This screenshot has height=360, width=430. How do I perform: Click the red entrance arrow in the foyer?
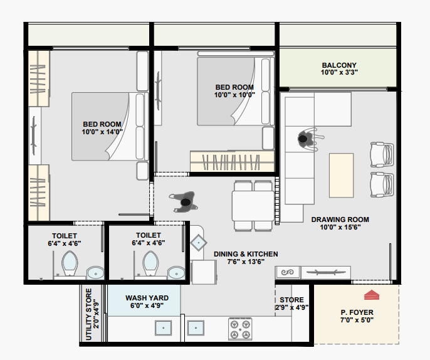[372, 295]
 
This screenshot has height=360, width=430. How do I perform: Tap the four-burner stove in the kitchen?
[240, 329]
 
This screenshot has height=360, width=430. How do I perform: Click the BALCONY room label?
[339, 65]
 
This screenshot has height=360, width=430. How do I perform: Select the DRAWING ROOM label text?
[340, 220]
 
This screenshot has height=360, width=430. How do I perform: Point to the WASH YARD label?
[147, 298]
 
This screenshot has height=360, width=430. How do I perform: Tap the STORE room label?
[291, 300]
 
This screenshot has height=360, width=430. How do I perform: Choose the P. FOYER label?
[357, 312]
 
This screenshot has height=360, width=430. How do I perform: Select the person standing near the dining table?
[184, 202]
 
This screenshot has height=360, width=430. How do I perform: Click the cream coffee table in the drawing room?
[341, 176]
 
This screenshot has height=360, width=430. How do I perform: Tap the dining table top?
[253, 206]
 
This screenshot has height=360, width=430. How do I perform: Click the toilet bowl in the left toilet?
[70, 263]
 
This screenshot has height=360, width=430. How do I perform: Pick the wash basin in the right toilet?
[176, 273]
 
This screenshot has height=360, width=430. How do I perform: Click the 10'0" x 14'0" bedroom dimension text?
[102, 132]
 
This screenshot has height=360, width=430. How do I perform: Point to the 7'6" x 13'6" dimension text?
[246, 262]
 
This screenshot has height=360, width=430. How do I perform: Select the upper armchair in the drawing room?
[382, 154]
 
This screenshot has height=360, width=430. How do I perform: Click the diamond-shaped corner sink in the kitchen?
[199, 243]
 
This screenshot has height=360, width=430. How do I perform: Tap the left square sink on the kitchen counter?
[163, 327]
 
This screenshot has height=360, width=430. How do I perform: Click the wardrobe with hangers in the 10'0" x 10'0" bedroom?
[232, 161]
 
